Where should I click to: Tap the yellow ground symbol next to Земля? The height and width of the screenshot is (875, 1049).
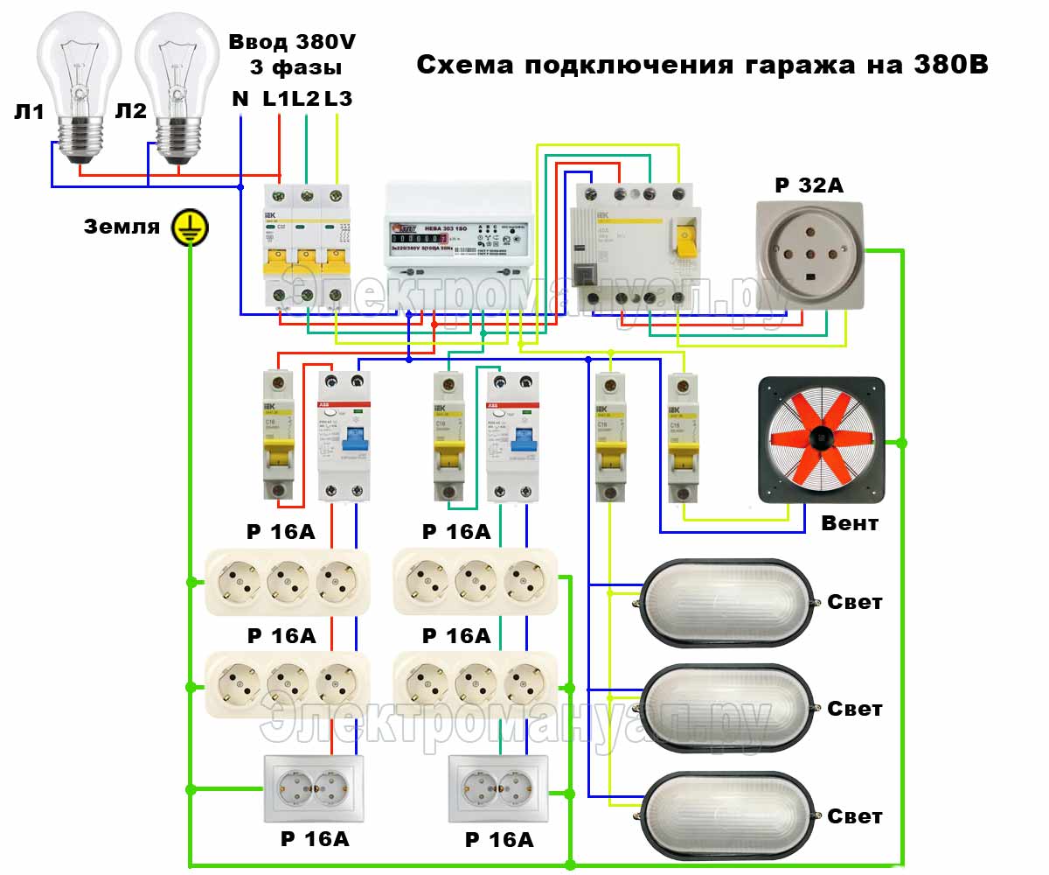tap(186, 227)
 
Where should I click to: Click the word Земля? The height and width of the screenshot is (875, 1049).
tap(122, 227)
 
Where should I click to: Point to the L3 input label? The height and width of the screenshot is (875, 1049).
tap(338, 99)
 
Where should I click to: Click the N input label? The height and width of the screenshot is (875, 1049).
tap(240, 99)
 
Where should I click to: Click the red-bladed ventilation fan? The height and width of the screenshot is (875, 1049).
tap(821, 441)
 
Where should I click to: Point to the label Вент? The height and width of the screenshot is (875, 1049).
tap(850, 524)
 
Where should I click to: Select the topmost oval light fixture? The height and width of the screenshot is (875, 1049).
tap(727, 603)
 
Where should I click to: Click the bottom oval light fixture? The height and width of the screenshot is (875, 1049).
tap(727, 815)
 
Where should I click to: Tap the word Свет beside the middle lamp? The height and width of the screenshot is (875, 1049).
tap(855, 709)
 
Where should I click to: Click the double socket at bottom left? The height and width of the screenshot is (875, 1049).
tap(316, 788)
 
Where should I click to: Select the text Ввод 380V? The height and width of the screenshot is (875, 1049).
tap(292, 42)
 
